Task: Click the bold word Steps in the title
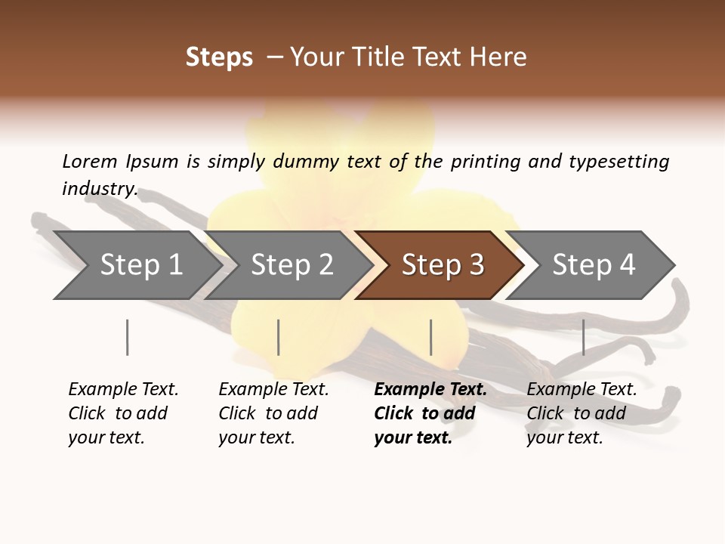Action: coord(219,57)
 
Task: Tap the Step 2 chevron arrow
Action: coord(292,265)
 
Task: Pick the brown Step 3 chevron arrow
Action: coord(443,265)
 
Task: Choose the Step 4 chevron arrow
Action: coord(594,265)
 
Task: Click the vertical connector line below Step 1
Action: coord(128,337)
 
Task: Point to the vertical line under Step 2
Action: coord(279,337)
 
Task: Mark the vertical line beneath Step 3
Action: coord(431,337)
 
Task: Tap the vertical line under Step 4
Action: coord(584,337)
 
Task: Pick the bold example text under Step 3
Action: coord(430,413)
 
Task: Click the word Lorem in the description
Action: coord(89,161)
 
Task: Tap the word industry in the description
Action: coord(99,189)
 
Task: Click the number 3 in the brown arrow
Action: coord(476,265)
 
